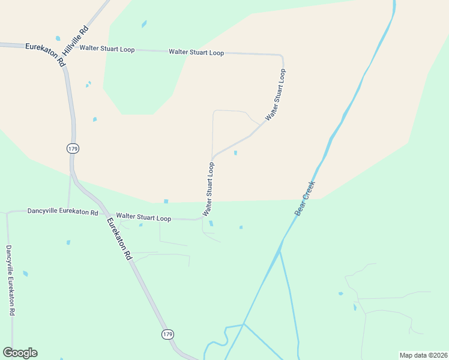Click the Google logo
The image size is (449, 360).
pyautogui.click(x=20, y=353)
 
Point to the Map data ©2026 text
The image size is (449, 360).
pyautogui.click(x=423, y=355)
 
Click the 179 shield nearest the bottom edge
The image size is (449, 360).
pyautogui.click(x=167, y=334)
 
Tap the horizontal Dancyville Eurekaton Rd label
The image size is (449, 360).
pyautogui.click(x=62, y=212)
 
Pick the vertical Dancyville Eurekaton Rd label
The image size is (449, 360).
pyautogui.click(x=10, y=280)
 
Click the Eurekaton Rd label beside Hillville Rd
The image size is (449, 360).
pyautogui.click(x=45, y=53)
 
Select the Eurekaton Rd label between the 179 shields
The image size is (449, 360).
pyautogui.click(x=119, y=238)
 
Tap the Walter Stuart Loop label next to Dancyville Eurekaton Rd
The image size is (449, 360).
pyautogui.click(x=143, y=217)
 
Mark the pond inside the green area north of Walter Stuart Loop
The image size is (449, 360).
pyautogui.click(x=143, y=25)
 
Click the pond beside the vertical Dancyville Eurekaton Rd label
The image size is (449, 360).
pyautogui.click(x=25, y=274)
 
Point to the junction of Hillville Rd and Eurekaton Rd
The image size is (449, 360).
pyautogui.click(x=62, y=59)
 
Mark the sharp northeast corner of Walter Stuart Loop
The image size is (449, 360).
pyautogui.click(x=282, y=56)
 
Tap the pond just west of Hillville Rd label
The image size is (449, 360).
pyautogui.click(x=58, y=38)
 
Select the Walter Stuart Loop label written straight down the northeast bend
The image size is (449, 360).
pyautogui.click(x=276, y=94)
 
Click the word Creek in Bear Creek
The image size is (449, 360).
pyautogui.click(x=309, y=193)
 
